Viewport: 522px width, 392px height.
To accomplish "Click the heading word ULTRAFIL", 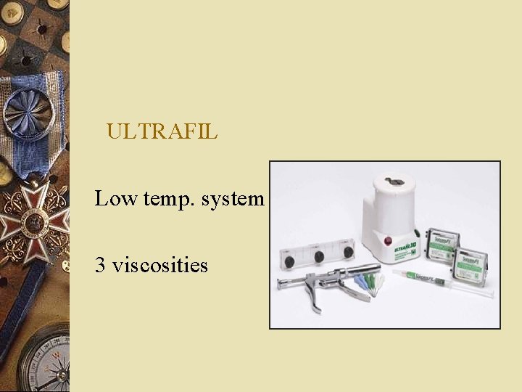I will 161,131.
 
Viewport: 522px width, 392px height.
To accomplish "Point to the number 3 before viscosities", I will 100,265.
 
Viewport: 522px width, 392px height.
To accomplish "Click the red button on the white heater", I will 388,240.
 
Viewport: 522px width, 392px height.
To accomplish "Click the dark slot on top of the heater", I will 397,181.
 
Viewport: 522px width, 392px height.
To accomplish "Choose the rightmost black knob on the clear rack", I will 348,252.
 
